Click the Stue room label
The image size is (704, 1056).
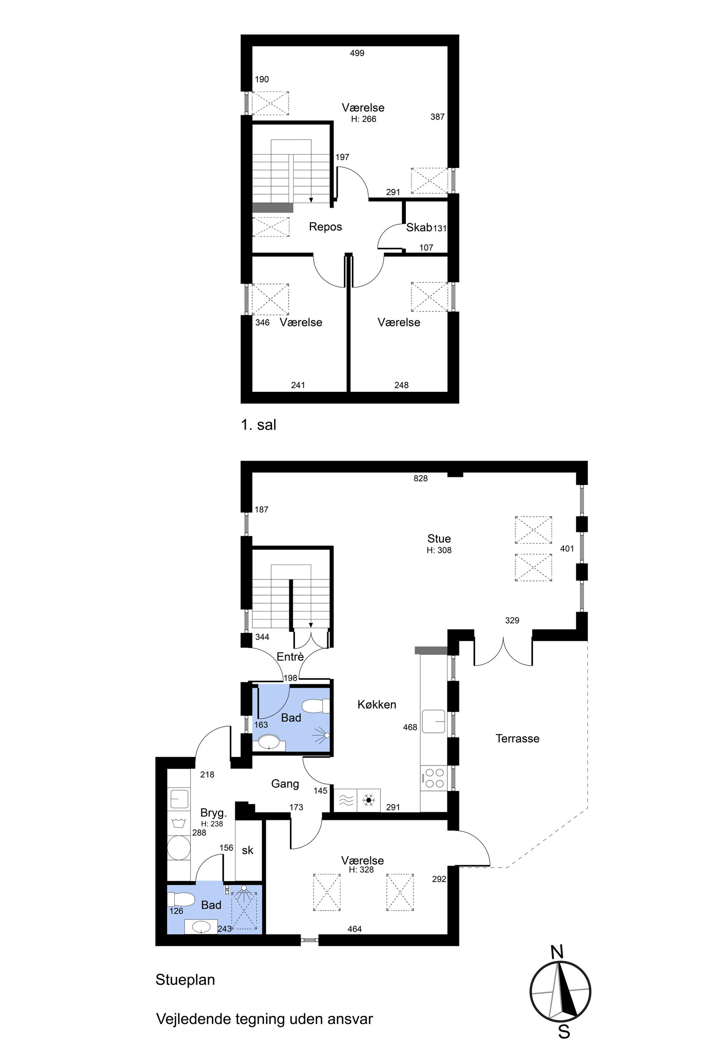point(439,538)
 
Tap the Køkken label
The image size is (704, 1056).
point(377,704)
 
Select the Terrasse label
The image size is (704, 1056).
point(517,738)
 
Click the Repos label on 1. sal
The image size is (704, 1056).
point(325,227)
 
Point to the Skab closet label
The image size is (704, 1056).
point(419,228)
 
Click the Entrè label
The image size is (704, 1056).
point(290,657)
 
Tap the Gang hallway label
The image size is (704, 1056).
point(285,783)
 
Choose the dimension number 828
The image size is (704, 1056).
point(421,479)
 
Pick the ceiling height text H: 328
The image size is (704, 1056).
point(361,870)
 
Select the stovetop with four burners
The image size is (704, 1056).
point(434,778)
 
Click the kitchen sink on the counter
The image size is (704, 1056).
point(433,721)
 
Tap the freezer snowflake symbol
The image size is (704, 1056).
point(369,800)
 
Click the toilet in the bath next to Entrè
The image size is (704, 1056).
point(316,706)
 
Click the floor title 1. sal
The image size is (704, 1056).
point(259,424)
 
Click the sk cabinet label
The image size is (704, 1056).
point(247,850)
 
